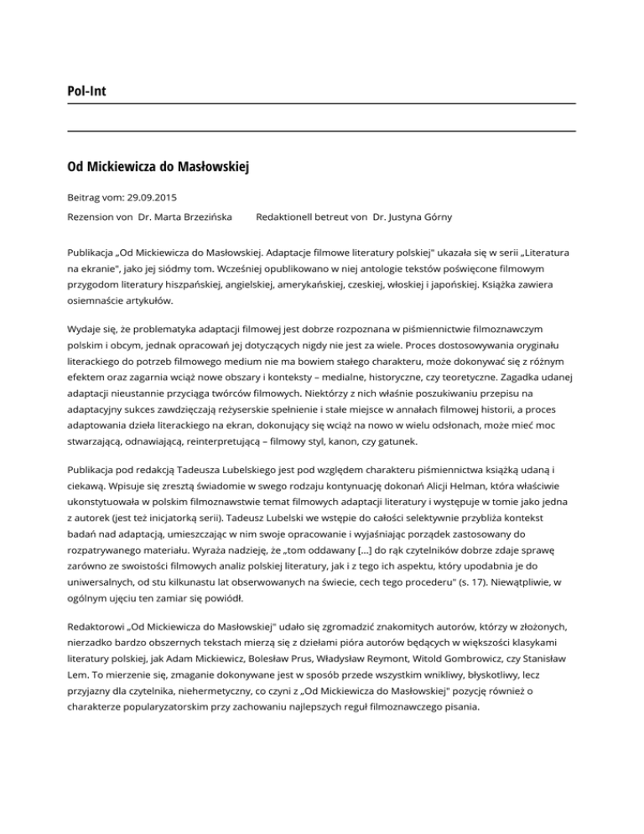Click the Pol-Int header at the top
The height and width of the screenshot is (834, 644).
click(x=87, y=89)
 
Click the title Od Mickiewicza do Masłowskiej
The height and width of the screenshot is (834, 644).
click(x=158, y=166)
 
